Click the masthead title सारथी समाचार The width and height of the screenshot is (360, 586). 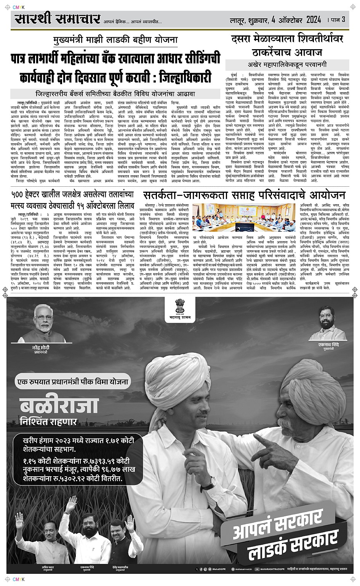pos(58,19)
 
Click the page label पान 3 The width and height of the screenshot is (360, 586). pos(338,20)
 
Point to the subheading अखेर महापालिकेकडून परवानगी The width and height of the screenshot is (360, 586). pos(287,65)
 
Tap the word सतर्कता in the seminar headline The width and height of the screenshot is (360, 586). pos(163,196)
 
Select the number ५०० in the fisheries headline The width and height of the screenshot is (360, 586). pos(20,195)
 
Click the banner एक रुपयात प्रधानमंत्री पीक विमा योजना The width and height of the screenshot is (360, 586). pos(73,381)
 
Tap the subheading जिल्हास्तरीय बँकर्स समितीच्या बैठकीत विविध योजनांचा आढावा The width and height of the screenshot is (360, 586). pos(115,93)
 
